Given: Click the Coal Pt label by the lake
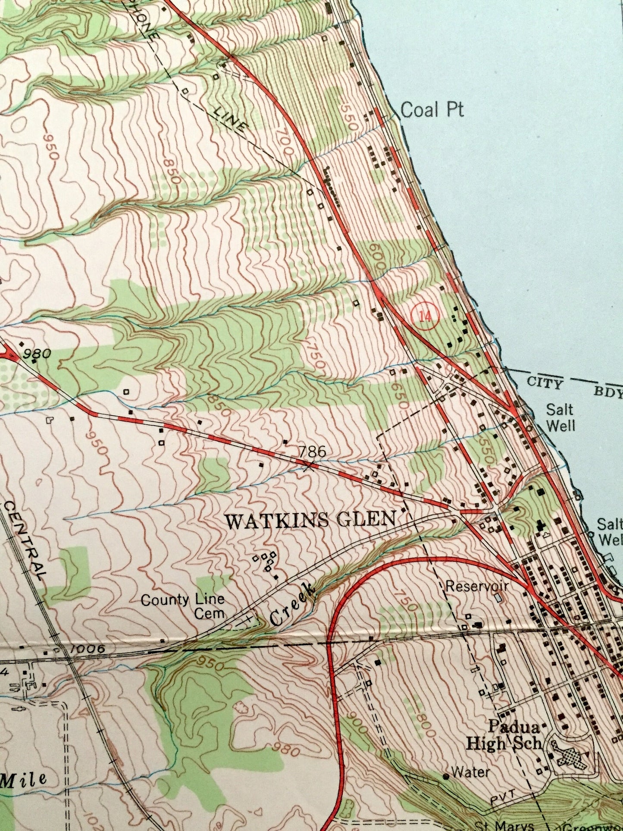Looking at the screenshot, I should click(432, 110).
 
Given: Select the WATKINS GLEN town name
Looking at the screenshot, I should click(310, 521).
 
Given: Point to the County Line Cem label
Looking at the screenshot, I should click(183, 605).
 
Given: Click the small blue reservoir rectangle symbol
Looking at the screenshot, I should click(499, 598).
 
